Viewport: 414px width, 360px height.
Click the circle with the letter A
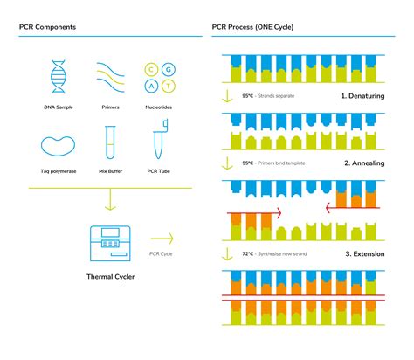(x=151, y=86)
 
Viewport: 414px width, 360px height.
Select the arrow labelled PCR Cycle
(x=162, y=238)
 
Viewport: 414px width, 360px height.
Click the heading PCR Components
(x=47, y=27)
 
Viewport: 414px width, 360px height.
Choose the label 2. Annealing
(x=365, y=163)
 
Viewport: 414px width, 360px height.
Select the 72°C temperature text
(x=249, y=254)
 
